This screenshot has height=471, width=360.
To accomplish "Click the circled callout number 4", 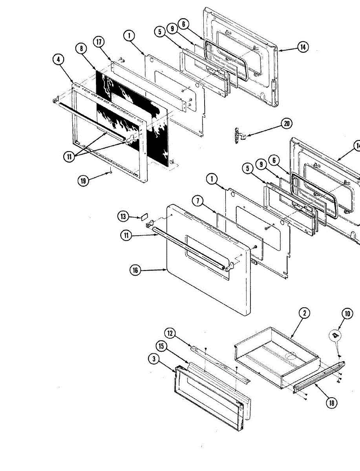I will tap(58, 60).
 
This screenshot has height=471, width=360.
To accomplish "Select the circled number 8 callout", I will tap(81, 49).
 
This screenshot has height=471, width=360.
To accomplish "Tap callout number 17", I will tap(99, 42).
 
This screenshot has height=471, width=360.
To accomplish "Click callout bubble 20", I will tap(287, 124).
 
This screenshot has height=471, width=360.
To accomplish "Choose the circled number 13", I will tap(123, 216).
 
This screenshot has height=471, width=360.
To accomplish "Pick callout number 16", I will tap(135, 270).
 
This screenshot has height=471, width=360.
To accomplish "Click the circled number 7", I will tap(197, 201).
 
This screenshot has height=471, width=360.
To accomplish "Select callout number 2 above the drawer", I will tap(304, 313).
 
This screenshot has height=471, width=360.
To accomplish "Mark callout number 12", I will tap(170, 333).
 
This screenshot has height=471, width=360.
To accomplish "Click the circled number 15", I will tap(161, 347).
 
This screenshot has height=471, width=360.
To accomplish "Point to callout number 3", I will tap(154, 359).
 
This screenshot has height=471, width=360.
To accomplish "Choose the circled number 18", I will tap(332, 402).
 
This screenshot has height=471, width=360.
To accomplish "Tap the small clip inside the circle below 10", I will tap(335, 334).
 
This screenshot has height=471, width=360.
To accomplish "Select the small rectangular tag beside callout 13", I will tap(144, 215).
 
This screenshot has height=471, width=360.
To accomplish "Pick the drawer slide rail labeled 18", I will tap(318, 375).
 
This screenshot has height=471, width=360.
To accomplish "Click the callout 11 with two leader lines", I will tap(69, 156).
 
